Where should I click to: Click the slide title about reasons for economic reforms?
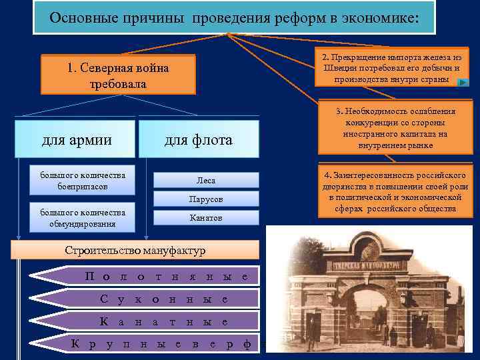(x=234, y=17)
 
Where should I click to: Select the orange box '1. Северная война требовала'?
(x=119, y=75)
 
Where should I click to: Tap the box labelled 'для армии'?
(x=77, y=139)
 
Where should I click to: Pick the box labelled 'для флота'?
(x=199, y=139)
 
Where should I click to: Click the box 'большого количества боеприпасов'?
(x=83, y=180)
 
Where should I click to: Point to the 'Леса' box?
(x=206, y=180)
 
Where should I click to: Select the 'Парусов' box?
(x=206, y=199)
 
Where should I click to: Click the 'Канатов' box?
(x=206, y=218)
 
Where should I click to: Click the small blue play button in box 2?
(x=463, y=82)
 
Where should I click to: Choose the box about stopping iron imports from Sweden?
(x=391, y=69)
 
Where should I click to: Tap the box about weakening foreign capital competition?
(x=395, y=128)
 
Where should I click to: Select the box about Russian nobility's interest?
(x=397, y=192)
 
